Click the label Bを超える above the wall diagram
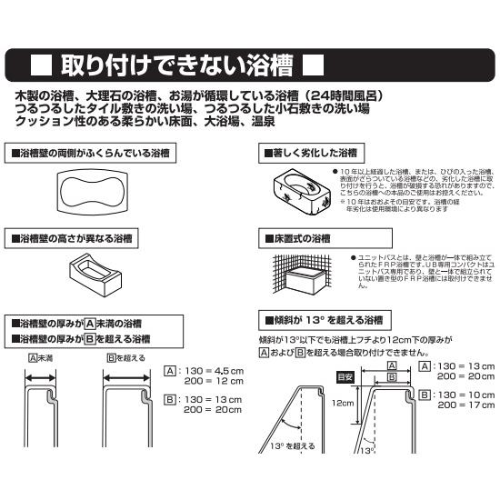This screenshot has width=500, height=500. tap(124, 357)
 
